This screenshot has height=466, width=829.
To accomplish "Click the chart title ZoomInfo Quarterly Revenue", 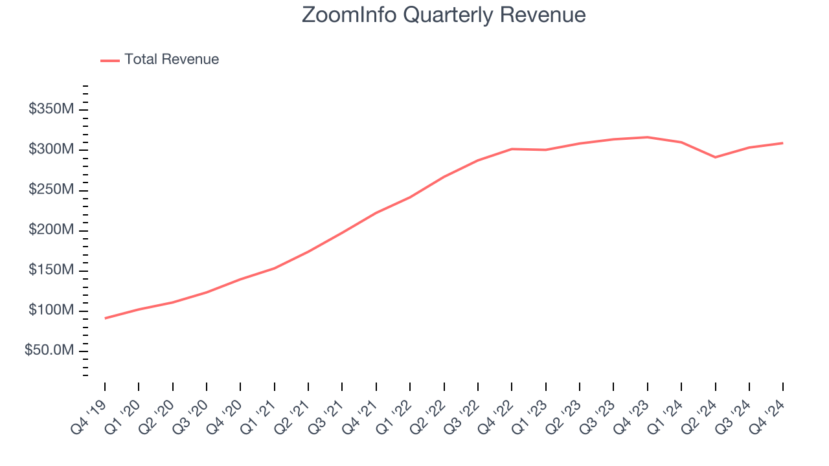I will click(444, 15).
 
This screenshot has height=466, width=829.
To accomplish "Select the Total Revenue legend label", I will click(172, 60).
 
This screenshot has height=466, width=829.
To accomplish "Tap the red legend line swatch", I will click(110, 60).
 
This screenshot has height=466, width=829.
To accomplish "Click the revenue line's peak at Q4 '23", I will click(647, 137).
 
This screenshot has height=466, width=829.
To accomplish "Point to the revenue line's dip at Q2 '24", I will click(715, 157).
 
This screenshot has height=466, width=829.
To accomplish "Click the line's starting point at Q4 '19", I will click(105, 318).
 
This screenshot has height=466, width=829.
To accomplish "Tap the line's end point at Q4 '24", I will click(782, 143).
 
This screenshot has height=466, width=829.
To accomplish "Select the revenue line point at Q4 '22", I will click(512, 149).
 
